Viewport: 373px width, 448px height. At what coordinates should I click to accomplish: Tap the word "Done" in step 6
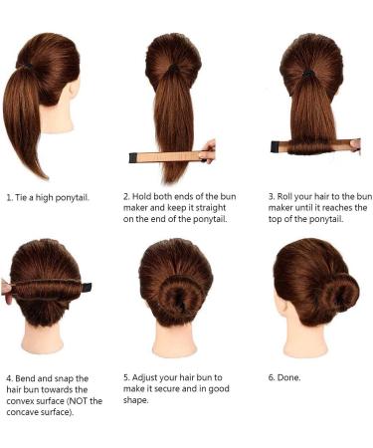[x=293, y=378]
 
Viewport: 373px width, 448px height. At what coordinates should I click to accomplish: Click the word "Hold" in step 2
[x=147, y=197]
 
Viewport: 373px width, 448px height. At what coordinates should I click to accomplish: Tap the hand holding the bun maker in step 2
[x=208, y=151]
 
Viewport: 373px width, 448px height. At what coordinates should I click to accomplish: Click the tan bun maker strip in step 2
[x=169, y=155]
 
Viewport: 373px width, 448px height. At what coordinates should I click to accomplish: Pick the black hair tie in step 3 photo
[x=309, y=73]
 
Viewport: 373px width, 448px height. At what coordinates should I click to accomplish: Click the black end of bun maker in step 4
[x=87, y=287]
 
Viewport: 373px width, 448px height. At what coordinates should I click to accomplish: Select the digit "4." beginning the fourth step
[x=10, y=378]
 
